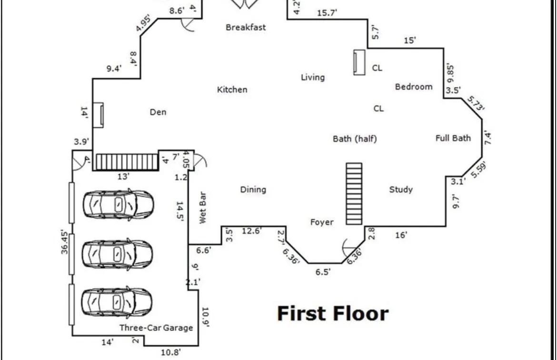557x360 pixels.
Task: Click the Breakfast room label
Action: pos(246,27)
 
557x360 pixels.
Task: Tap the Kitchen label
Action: pos(232,90)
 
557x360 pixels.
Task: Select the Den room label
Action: pos(158,112)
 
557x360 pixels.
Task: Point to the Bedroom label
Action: pos(414,87)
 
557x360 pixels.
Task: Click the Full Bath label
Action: pos(453,138)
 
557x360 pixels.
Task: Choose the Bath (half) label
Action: pos(355,139)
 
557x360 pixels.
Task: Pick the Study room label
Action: pos(401,190)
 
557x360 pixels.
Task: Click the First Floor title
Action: pos(333,314)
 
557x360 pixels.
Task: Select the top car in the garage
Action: pos(118,204)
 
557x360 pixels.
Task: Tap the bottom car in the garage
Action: pos(117,301)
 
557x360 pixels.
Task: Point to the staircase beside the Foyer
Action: pos(354,193)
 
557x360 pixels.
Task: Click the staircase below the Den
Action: pos(126,161)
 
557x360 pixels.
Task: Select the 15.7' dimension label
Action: pos(327,13)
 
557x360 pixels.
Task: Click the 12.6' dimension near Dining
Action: pos(252,231)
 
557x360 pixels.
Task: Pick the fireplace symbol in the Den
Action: pos(99,115)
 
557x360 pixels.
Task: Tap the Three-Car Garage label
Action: pos(156,328)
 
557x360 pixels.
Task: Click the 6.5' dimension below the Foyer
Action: pos(323,272)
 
